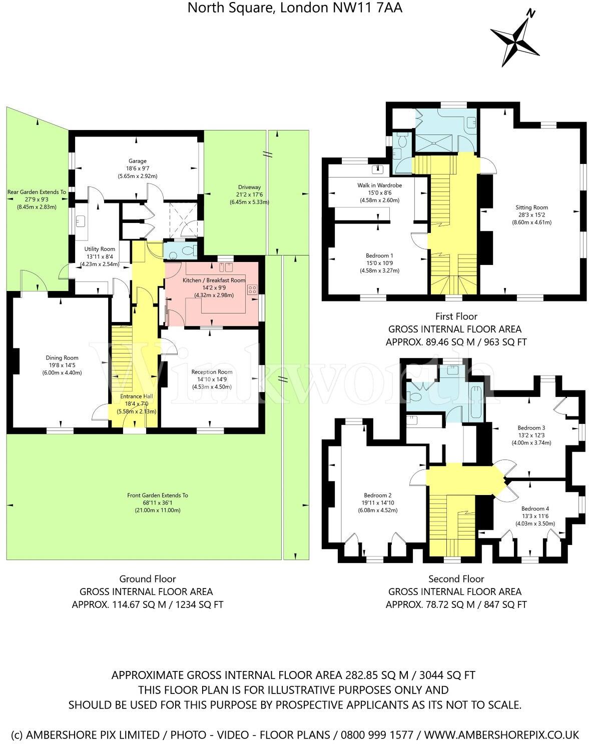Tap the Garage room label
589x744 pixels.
(137, 161)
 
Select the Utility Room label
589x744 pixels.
(100, 249)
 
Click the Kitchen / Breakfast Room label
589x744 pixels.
(214, 280)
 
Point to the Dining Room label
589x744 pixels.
(62, 357)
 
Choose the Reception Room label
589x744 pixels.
(212, 372)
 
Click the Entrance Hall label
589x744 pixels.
(137, 396)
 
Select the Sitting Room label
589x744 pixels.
(531, 207)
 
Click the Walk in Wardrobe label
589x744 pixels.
(379, 185)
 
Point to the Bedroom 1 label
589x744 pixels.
(379, 256)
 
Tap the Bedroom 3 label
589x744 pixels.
(531, 428)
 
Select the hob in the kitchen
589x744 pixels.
(252, 289)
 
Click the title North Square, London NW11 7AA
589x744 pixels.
(295, 7)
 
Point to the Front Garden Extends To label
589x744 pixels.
(158, 495)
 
